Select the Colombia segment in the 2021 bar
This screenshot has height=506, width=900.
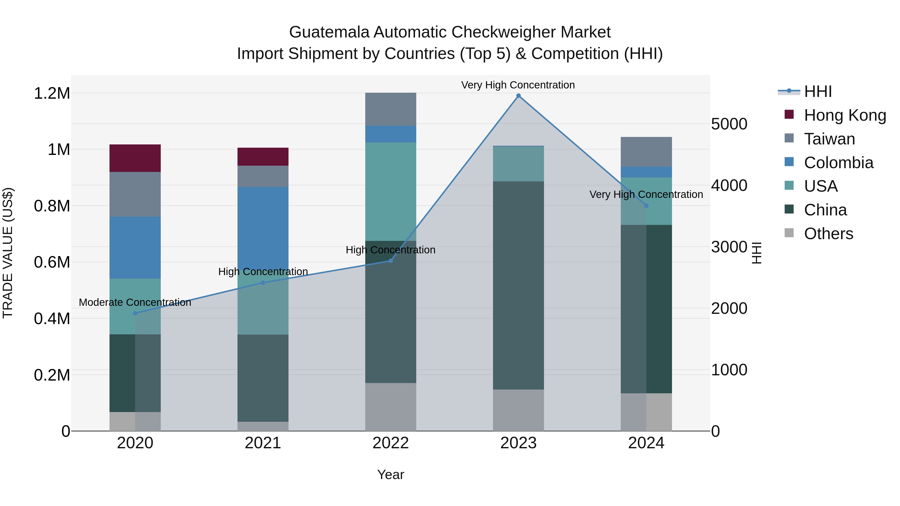[263, 227]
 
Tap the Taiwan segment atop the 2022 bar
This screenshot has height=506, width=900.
[390, 109]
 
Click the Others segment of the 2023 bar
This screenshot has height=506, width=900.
[518, 410]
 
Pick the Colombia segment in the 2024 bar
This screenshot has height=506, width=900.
[646, 172]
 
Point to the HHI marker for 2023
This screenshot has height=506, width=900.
[518, 96]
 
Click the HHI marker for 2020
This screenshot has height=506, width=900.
[135, 313]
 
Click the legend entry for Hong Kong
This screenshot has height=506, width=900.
[845, 115]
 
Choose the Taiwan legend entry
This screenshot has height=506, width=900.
[829, 139]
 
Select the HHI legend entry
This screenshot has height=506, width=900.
[817, 91]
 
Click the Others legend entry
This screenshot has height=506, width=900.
[828, 234]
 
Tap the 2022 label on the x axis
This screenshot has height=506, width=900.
[390, 443]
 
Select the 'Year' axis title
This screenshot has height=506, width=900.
[390, 475]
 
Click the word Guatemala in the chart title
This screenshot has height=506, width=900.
[329, 32]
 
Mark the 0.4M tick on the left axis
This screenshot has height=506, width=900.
[52, 319]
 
